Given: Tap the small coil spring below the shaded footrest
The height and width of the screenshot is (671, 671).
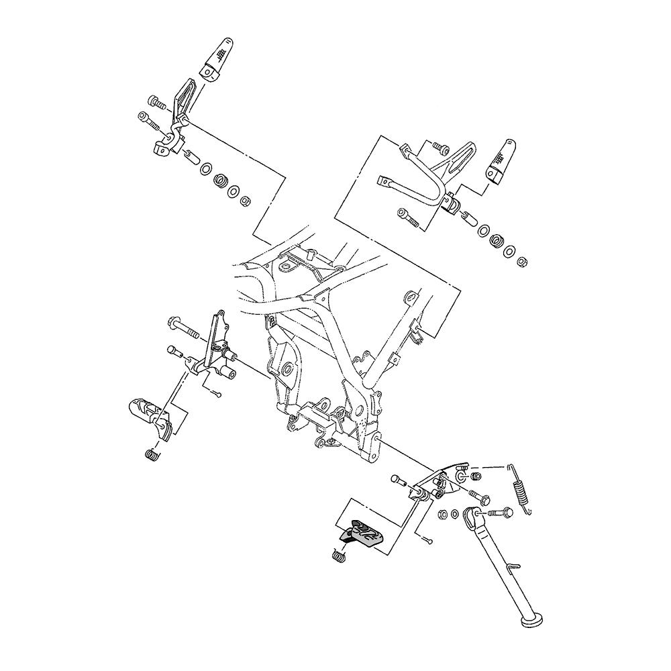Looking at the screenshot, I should (339, 554).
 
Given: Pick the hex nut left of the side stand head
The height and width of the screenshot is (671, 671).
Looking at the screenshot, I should (444, 515).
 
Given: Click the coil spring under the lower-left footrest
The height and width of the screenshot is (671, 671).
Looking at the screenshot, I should (153, 454).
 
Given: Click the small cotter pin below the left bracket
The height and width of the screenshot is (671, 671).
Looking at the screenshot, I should (216, 393).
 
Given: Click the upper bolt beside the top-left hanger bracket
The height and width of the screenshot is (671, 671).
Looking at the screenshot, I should (158, 103).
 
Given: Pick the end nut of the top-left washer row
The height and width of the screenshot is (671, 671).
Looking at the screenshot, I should (246, 199).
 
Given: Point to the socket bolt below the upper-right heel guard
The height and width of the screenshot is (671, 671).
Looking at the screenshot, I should (409, 217).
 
